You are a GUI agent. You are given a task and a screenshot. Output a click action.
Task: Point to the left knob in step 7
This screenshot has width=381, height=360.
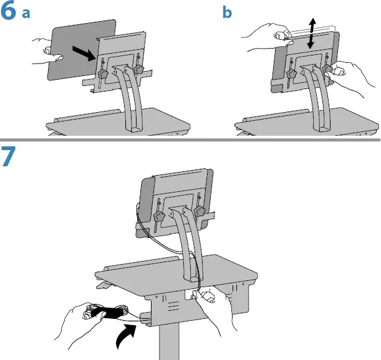coord(160,217)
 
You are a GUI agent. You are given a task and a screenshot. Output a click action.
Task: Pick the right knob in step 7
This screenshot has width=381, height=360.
coord(200,211)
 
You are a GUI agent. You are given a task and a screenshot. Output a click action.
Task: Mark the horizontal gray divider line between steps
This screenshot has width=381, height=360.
coord(190,140)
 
